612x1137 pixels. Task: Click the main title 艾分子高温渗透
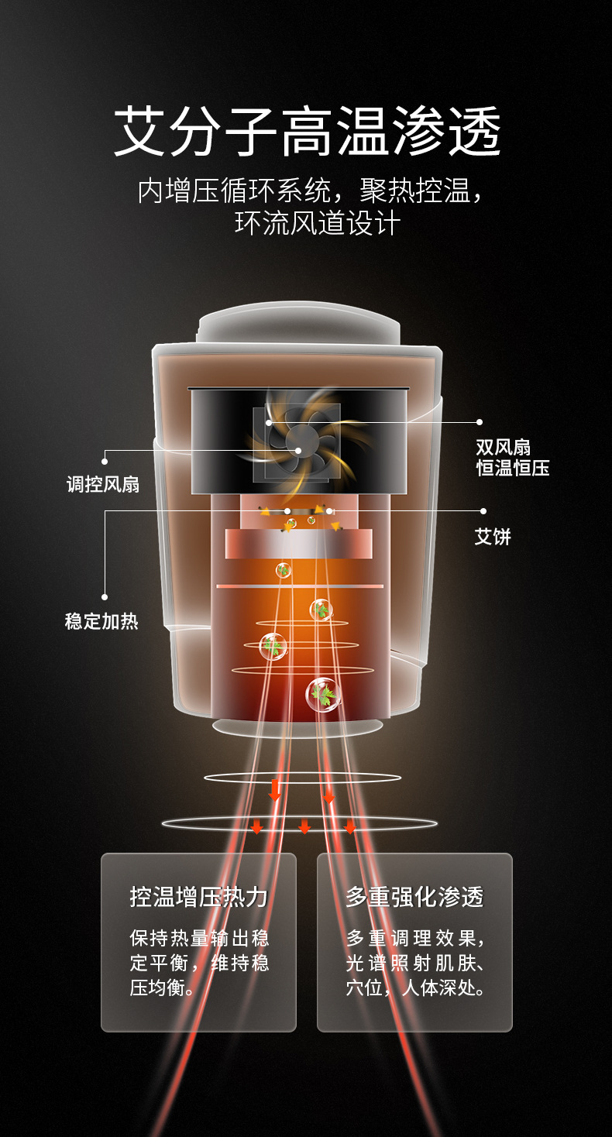click(308, 131)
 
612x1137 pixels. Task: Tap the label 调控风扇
click(102, 484)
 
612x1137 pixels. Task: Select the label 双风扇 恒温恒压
click(513, 457)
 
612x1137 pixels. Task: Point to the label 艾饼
click(492, 537)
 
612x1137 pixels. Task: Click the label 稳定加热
click(101, 621)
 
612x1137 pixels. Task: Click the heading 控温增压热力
click(198, 896)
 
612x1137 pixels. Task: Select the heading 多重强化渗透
click(414, 896)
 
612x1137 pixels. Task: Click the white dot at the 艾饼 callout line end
click(483, 511)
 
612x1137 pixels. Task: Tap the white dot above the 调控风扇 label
click(105, 462)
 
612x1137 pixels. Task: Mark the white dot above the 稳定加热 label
click(105, 597)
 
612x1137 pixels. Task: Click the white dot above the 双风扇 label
click(480, 422)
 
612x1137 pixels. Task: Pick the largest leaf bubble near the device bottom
click(323, 695)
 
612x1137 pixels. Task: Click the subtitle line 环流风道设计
click(318, 222)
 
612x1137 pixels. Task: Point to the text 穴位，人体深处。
click(415, 988)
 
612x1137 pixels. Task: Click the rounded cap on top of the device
click(298, 323)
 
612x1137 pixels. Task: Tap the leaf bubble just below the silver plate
click(284, 570)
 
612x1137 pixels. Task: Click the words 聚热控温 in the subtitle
click(414, 191)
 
